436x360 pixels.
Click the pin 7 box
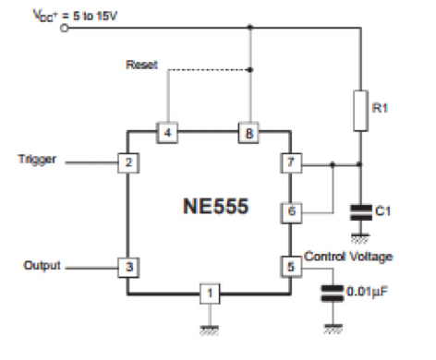click(x=290, y=164)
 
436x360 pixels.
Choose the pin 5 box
click(x=290, y=267)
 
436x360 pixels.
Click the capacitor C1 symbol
click(x=361, y=211)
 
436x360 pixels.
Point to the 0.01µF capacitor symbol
click(x=330, y=294)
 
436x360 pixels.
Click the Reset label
click(x=141, y=66)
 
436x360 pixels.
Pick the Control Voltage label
click(x=348, y=255)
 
